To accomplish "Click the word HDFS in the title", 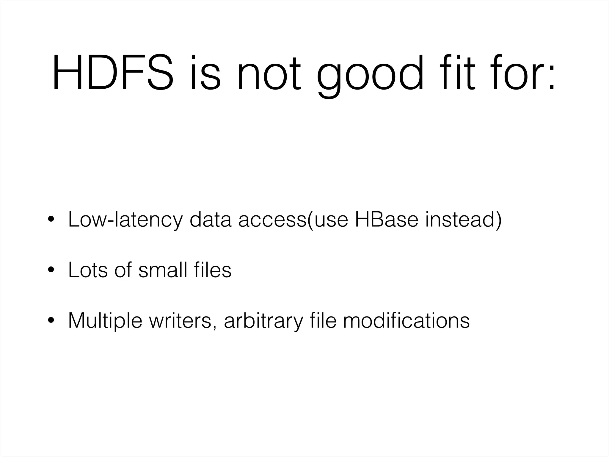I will tap(112, 73).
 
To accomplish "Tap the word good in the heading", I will tap(370, 74).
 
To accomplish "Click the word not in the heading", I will tap(269, 73).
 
